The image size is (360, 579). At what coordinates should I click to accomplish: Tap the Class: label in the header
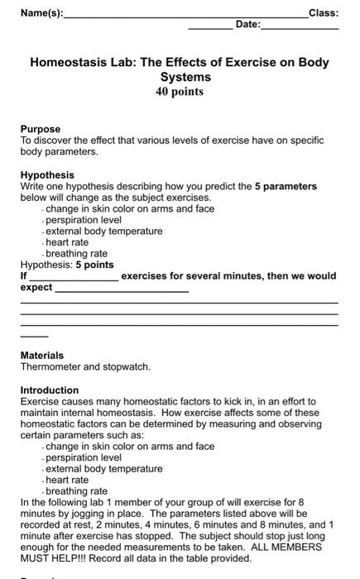323,12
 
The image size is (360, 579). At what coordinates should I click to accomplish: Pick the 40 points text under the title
180,92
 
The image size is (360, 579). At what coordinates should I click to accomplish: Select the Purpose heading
41,129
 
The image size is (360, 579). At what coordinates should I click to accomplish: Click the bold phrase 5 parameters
286,186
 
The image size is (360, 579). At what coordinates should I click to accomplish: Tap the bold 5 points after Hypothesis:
95,265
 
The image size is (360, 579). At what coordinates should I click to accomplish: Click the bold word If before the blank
23,275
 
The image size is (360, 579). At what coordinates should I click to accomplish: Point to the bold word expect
36,287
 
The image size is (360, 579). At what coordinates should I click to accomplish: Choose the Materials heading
42,355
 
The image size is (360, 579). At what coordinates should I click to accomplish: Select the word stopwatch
128,366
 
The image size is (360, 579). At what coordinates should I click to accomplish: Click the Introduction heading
50,390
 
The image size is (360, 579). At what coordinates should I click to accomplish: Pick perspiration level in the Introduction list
84,457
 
